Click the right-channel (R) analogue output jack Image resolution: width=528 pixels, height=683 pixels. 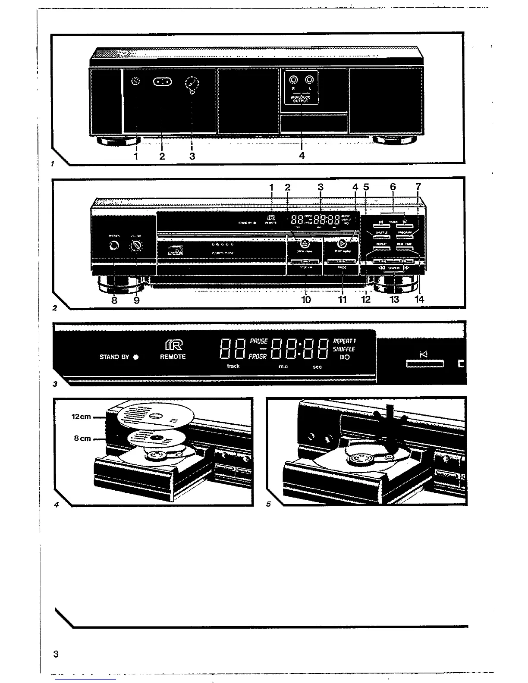pos(294,80)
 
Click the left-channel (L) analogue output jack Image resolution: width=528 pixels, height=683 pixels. pos(310,80)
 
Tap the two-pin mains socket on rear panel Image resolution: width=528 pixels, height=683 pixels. pos(162,82)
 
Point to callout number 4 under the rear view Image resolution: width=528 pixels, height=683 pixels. pos(302,156)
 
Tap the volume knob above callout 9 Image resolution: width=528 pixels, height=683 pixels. pos(137,247)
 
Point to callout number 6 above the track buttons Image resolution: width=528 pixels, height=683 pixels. pos(393,187)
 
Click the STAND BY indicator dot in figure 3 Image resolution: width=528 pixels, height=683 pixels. pos(136,357)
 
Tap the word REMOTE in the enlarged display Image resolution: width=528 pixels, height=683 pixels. pos(173,357)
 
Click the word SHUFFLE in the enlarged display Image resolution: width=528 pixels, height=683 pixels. pos(344,349)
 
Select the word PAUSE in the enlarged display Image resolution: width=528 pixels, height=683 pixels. pos(259,341)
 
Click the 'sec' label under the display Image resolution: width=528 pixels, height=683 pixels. pos(317,367)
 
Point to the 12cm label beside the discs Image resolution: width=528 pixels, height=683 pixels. pos(81,417)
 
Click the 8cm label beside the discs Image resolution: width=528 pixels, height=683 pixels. pos(82,439)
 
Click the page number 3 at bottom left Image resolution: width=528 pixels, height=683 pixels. pos(55,654)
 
